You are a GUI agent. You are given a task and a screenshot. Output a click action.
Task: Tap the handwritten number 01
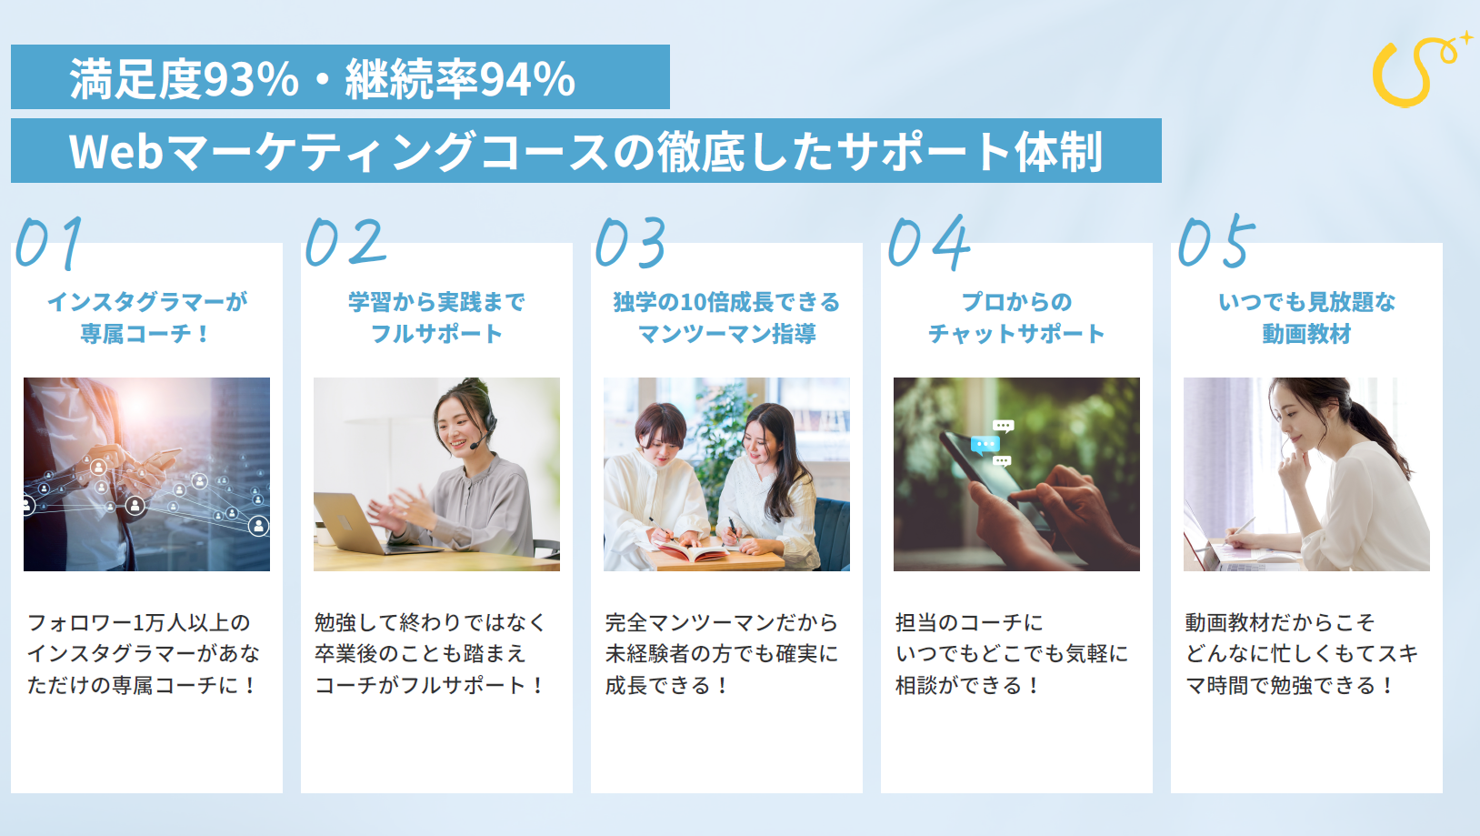click(x=50, y=243)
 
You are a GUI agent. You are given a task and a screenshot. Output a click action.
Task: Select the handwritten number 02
click(x=345, y=242)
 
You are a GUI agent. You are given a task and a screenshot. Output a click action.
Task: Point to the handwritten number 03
click(x=631, y=243)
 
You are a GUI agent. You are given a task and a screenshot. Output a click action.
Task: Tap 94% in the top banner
click(x=527, y=79)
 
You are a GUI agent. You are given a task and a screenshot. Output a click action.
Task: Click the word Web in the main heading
click(x=116, y=151)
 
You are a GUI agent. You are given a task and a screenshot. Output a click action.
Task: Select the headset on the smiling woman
click(x=485, y=423)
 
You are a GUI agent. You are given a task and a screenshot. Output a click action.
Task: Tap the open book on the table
click(x=694, y=549)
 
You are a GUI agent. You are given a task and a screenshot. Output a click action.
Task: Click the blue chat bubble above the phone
click(x=985, y=445)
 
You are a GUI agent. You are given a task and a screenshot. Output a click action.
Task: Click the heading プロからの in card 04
click(x=1016, y=302)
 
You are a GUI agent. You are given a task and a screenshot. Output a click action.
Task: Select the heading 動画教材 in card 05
click(x=1306, y=334)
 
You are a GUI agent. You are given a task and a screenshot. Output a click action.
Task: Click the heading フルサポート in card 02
click(x=436, y=334)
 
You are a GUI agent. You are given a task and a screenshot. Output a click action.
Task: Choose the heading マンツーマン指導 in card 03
click(x=726, y=334)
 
